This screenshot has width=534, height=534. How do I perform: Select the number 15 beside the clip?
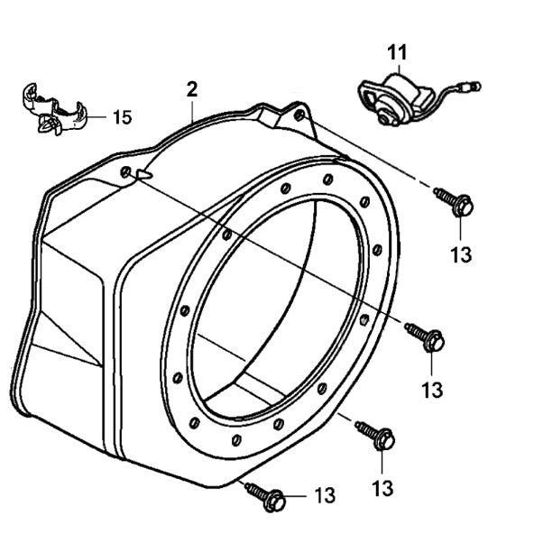click(122, 116)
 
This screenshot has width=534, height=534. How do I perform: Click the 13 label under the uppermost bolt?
click(460, 255)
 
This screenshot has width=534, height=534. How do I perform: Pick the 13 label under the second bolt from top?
click(432, 390)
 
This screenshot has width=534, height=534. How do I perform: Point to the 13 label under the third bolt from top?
click(382, 488)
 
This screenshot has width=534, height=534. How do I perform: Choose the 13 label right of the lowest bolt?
click(324, 495)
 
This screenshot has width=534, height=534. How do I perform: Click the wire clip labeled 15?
click(52, 110)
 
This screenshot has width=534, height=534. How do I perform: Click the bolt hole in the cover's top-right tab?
click(299, 118)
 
